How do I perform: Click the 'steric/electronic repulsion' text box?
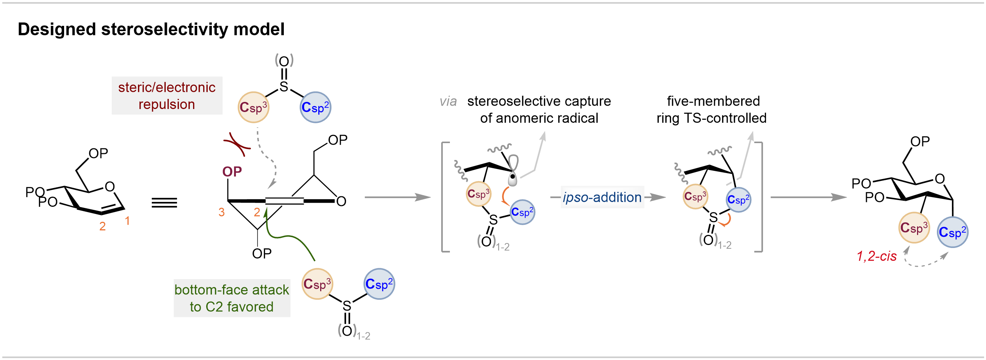point(167,96)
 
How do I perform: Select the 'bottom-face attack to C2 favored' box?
point(232,298)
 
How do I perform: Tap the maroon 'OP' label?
point(232,172)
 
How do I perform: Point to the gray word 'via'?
point(448,102)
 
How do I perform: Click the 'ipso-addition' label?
point(602,197)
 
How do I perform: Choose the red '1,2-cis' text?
point(876,256)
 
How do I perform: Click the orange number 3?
point(221,212)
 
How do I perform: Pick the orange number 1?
point(127,221)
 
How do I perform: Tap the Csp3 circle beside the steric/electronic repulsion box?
point(253,107)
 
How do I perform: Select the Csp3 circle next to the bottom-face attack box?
point(317,284)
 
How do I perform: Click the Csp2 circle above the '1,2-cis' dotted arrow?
point(952,232)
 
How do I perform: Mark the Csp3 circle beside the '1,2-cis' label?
point(914,228)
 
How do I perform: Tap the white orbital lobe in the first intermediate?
point(513,163)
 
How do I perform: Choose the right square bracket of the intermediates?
point(761,197)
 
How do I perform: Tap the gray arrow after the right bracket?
point(808,197)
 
